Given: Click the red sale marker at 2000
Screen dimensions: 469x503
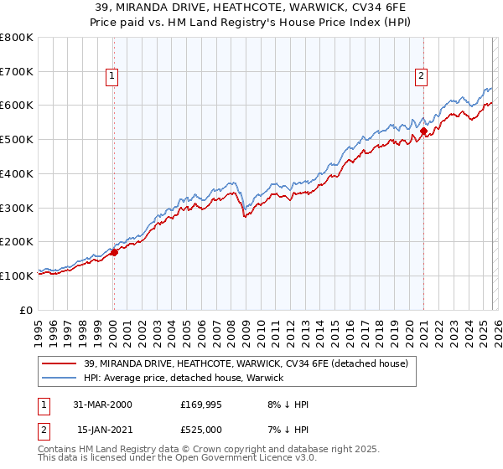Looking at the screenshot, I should [x=114, y=252].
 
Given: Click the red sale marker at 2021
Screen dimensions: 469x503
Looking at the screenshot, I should [x=424, y=131].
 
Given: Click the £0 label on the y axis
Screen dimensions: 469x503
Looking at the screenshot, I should [x=28, y=310].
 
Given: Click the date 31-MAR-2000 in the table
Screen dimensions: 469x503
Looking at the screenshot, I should [x=104, y=405].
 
